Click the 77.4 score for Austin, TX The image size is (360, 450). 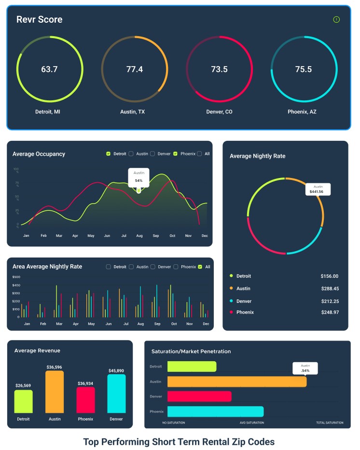click(x=135, y=69)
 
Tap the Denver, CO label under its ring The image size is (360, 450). click(x=219, y=111)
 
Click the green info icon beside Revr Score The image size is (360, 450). click(x=336, y=20)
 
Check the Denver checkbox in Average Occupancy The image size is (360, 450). click(x=152, y=154)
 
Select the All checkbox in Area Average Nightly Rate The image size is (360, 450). click(x=200, y=267)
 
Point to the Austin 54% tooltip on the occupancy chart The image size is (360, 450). click(x=138, y=177)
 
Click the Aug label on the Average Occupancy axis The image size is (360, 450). click(x=139, y=235)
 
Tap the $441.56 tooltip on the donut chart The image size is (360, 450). click(x=318, y=189)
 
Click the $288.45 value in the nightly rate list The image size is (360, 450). click(x=330, y=288)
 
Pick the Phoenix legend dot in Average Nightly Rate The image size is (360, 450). click(x=231, y=312)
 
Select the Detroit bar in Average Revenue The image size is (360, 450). click(x=23, y=401)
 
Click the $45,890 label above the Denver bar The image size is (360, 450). click(x=116, y=371)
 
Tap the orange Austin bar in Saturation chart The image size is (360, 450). click(x=236, y=382)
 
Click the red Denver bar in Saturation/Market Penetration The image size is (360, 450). click(x=199, y=396)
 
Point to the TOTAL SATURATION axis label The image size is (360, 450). click(x=330, y=423)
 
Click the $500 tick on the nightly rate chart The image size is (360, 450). click(x=16, y=277)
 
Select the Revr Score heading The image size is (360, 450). click(x=39, y=20)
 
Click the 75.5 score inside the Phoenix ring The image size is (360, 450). click(x=304, y=69)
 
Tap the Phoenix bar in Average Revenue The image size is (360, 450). click(x=85, y=400)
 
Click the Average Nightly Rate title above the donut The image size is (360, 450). click(x=257, y=156)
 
